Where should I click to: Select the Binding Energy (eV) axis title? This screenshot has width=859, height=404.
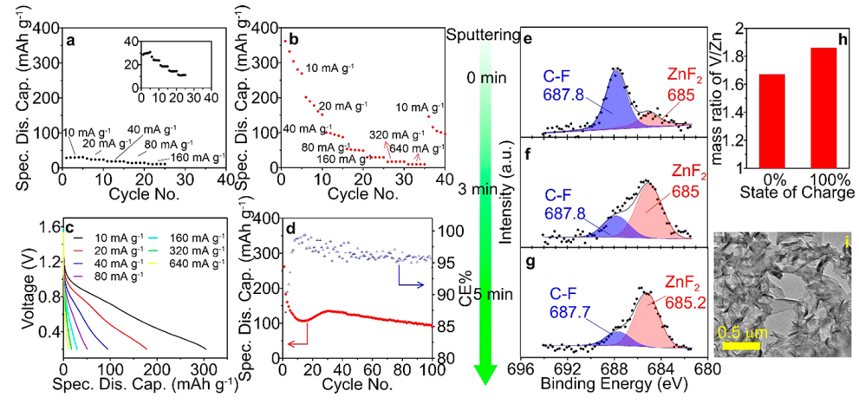615,387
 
